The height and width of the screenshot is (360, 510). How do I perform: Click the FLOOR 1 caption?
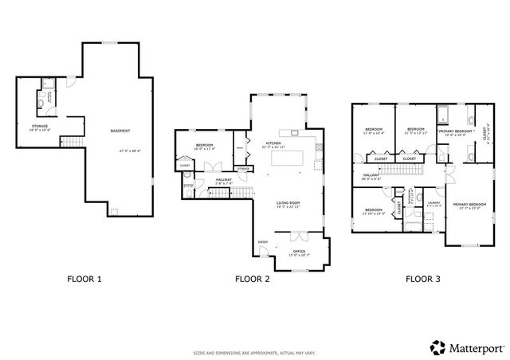83,279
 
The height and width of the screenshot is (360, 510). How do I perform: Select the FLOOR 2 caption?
253,279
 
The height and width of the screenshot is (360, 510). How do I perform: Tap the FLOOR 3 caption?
423,279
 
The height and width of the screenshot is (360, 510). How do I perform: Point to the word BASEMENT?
120,131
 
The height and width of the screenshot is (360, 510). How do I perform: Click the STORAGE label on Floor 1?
40,126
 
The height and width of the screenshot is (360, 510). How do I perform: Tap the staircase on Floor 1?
73,142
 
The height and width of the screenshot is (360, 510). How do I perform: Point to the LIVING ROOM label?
288,203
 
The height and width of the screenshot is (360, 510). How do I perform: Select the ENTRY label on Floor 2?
262,242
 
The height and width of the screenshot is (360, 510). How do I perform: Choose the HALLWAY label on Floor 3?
371,174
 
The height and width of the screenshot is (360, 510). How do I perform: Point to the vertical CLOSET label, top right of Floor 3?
487,136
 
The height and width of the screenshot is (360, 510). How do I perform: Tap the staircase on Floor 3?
438,159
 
